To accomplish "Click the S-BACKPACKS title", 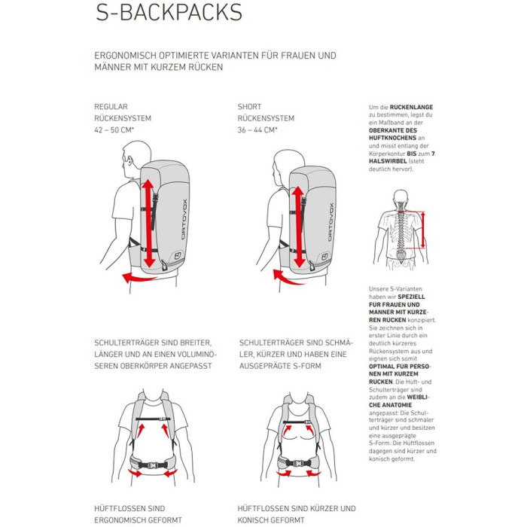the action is [x=169, y=13].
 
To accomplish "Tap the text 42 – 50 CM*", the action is [x=114, y=129].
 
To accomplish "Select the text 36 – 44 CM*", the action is [x=257, y=129].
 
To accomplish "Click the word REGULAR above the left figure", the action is [x=111, y=107].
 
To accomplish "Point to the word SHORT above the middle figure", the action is [x=249, y=107].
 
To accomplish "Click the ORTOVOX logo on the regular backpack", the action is [x=184, y=220].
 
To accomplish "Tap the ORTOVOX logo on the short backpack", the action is [x=331, y=222].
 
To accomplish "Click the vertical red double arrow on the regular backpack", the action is [x=148, y=224].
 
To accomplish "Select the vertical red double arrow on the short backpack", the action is [x=298, y=227].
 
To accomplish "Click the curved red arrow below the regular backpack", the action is [x=139, y=278].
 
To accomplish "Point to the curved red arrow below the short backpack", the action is [x=288, y=278].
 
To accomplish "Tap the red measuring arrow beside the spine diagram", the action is [x=423, y=230].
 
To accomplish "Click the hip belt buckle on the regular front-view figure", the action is [x=153, y=465].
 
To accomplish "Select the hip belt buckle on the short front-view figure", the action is [x=298, y=463].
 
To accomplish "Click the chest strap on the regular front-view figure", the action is [x=153, y=419].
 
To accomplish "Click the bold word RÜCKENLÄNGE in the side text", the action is [x=411, y=107].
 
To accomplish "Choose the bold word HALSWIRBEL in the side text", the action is [x=388, y=161].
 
